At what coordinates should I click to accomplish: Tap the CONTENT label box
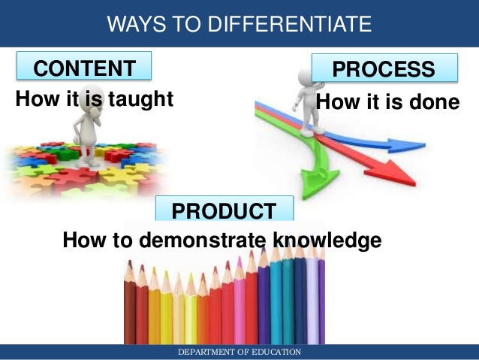(x=84, y=68)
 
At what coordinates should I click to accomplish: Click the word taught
(x=140, y=98)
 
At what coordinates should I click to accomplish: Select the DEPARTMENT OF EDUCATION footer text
(x=239, y=352)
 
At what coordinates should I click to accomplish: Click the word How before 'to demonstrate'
(x=83, y=241)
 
